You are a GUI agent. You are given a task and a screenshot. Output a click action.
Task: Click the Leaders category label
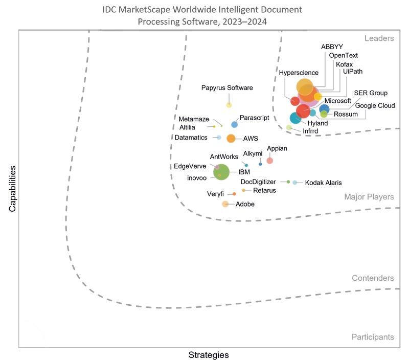coord(379,39)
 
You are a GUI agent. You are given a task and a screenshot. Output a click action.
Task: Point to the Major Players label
coord(369,197)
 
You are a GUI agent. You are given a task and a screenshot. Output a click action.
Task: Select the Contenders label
coord(373,278)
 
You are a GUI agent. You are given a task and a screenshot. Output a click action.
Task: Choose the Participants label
coord(372,337)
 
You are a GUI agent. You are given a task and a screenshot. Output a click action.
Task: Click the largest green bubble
coord(221,171)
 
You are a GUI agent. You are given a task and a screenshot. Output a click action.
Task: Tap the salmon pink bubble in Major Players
coord(270,161)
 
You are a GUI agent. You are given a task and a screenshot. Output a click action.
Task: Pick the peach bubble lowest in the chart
coord(225,204)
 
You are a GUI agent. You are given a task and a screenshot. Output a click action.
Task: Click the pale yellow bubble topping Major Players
coord(229,105)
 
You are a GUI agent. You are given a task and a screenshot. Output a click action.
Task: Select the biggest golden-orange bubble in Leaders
coord(305,87)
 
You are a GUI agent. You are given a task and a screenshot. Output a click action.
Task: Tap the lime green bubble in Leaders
coord(324,115)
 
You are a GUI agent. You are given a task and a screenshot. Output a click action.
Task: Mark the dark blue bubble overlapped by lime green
coord(325,108)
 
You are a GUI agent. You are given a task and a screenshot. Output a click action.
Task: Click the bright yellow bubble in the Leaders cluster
coord(318,97)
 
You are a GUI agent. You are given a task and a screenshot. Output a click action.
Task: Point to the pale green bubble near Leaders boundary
coord(289,127)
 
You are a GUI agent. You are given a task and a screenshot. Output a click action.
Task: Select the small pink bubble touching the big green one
coord(217,167)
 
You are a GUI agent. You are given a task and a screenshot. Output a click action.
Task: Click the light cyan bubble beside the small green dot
coord(295,183)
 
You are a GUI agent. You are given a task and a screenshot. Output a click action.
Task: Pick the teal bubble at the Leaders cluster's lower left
coord(295,118)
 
